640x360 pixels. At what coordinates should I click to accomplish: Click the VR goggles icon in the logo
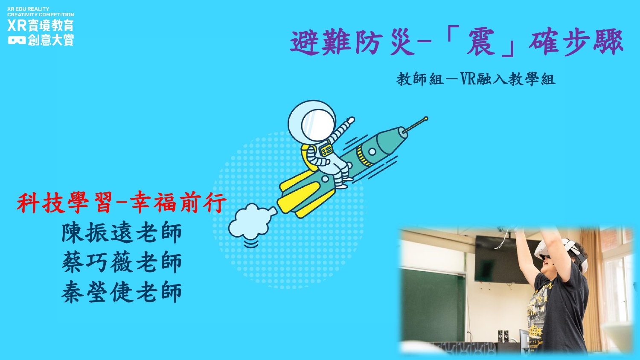17,40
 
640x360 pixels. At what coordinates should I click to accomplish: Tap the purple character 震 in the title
481,42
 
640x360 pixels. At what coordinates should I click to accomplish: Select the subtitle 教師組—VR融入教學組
476,79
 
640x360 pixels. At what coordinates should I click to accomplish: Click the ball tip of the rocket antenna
426,118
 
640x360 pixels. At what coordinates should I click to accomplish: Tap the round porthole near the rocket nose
372,152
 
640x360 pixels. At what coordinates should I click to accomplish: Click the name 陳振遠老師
122,232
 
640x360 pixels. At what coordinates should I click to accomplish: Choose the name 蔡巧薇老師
122,262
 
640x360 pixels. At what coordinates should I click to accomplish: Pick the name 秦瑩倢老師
122,292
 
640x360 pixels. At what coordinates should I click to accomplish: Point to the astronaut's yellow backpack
308,157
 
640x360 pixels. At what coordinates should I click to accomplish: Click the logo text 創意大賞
51,40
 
